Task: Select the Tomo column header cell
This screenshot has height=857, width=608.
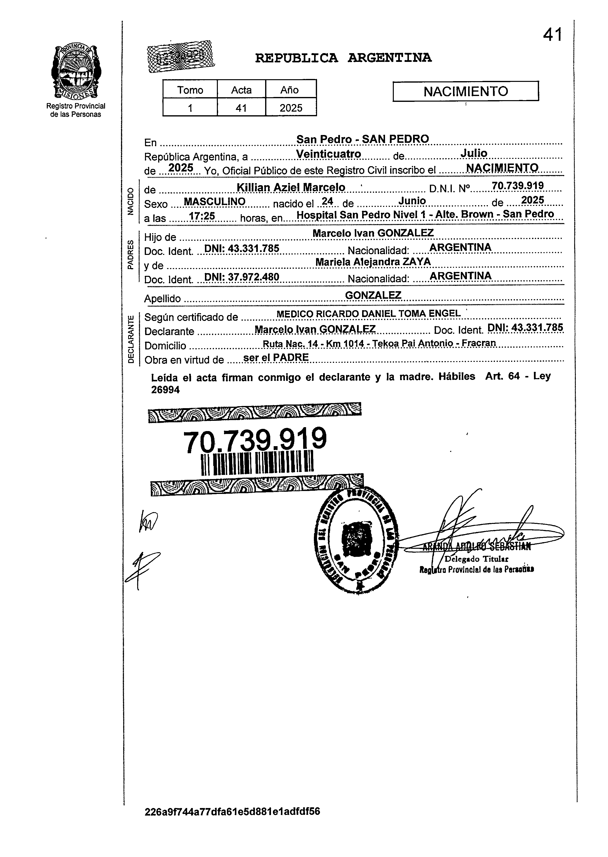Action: pyautogui.click(x=190, y=90)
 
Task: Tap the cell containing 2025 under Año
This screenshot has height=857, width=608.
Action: pyautogui.click(x=291, y=108)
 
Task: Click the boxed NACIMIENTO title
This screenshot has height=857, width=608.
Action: pyautogui.click(x=465, y=91)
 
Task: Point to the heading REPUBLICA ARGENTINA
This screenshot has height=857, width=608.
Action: pyautogui.click(x=343, y=58)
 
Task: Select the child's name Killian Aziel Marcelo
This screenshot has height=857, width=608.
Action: pyautogui.click(x=291, y=187)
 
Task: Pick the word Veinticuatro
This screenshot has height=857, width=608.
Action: pyautogui.click(x=328, y=154)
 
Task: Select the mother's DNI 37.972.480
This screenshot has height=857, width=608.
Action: pyautogui.click(x=241, y=277)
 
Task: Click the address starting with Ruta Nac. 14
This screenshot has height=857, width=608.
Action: pyautogui.click(x=379, y=343)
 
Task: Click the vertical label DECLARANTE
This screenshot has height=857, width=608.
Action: pyautogui.click(x=131, y=339)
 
